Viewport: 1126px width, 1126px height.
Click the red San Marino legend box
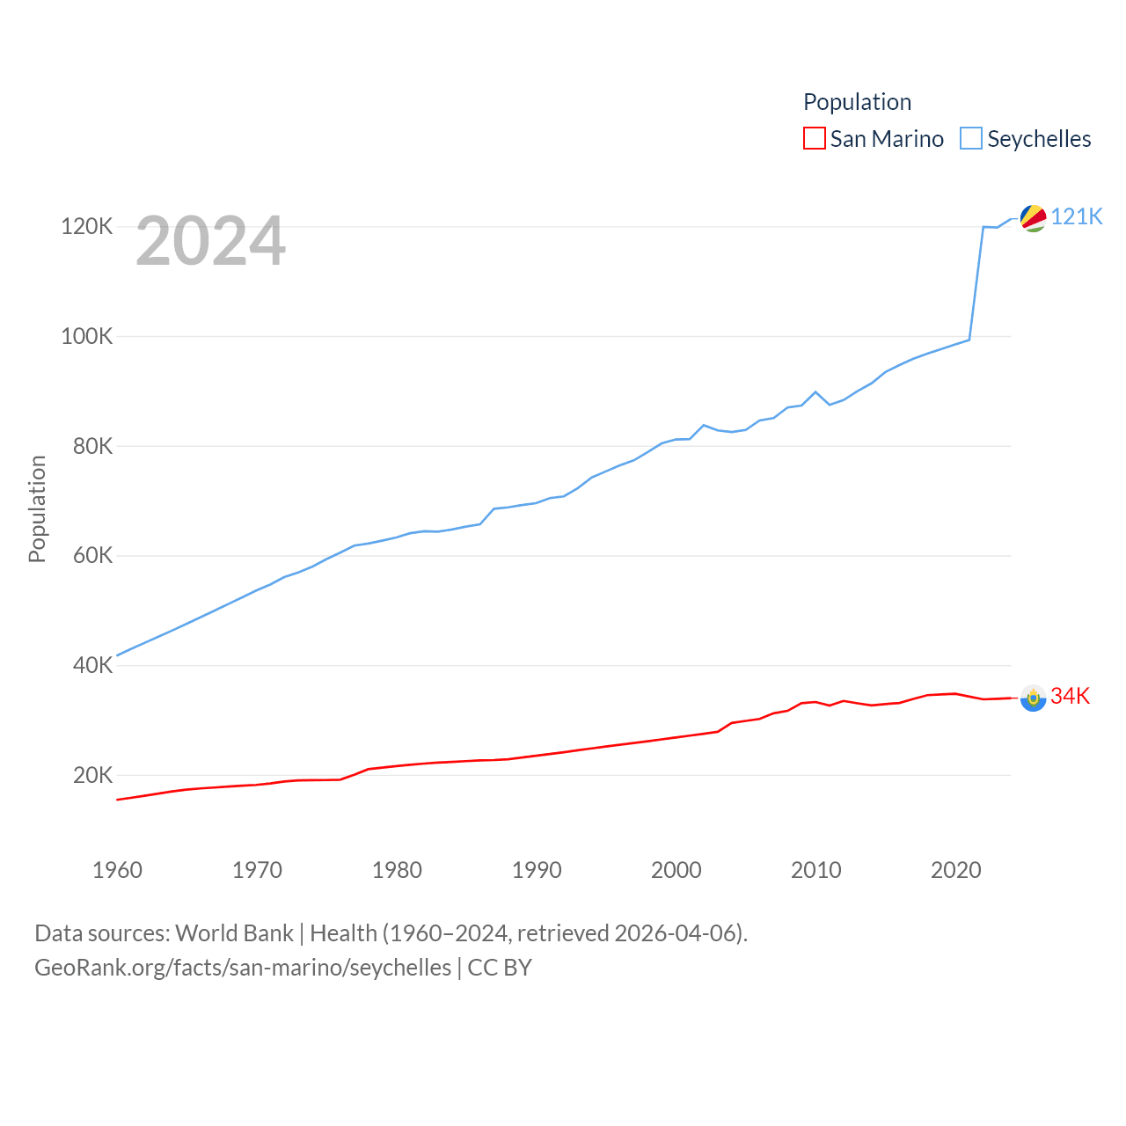point(815,139)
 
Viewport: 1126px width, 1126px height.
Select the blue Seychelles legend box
point(971,139)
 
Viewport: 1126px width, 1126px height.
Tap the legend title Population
point(857,102)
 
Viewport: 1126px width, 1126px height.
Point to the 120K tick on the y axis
point(87,227)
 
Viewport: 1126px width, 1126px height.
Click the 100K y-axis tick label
point(87,336)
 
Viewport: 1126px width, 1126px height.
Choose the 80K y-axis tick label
point(92,446)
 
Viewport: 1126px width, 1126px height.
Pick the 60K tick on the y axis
point(92,556)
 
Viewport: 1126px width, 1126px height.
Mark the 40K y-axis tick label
point(92,666)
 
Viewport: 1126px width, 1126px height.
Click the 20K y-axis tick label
point(92,775)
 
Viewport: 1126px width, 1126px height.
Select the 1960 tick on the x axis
point(117,870)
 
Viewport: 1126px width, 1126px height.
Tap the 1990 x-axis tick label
point(537,870)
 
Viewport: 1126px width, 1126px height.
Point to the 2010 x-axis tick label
point(816,870)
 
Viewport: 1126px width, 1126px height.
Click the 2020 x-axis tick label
point(956,870)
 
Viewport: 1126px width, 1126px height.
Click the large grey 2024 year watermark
point(211,241)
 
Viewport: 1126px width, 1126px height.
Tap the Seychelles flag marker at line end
point(1033,218)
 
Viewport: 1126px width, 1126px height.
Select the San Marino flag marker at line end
point(1033,698)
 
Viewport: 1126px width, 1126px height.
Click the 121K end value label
point(1077,216)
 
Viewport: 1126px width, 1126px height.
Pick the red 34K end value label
point(1071,696)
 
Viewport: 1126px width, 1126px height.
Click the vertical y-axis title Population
point(37,508)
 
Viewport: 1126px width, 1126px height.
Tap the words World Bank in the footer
point(235,933)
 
